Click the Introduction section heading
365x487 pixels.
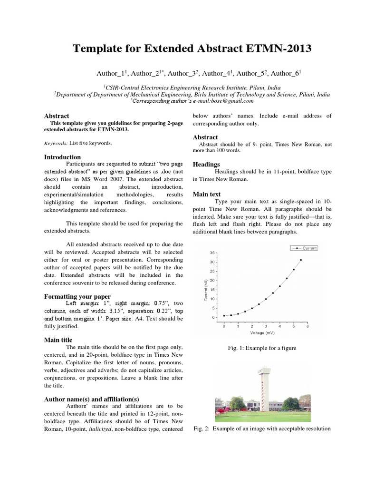tap(62, 157)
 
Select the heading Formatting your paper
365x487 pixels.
tap(77, 296)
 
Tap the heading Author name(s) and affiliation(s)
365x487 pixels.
tap(91, 399)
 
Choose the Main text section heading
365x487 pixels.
tap(207, 194)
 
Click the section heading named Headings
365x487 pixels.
tap(205, 164)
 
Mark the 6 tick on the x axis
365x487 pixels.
tap(307, 327)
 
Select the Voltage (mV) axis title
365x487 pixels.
tap(263, 333)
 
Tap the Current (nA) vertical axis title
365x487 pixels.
tap(206, 290)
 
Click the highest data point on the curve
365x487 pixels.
tap(300, 260)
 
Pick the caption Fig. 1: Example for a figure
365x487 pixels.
tap(262, 348)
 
